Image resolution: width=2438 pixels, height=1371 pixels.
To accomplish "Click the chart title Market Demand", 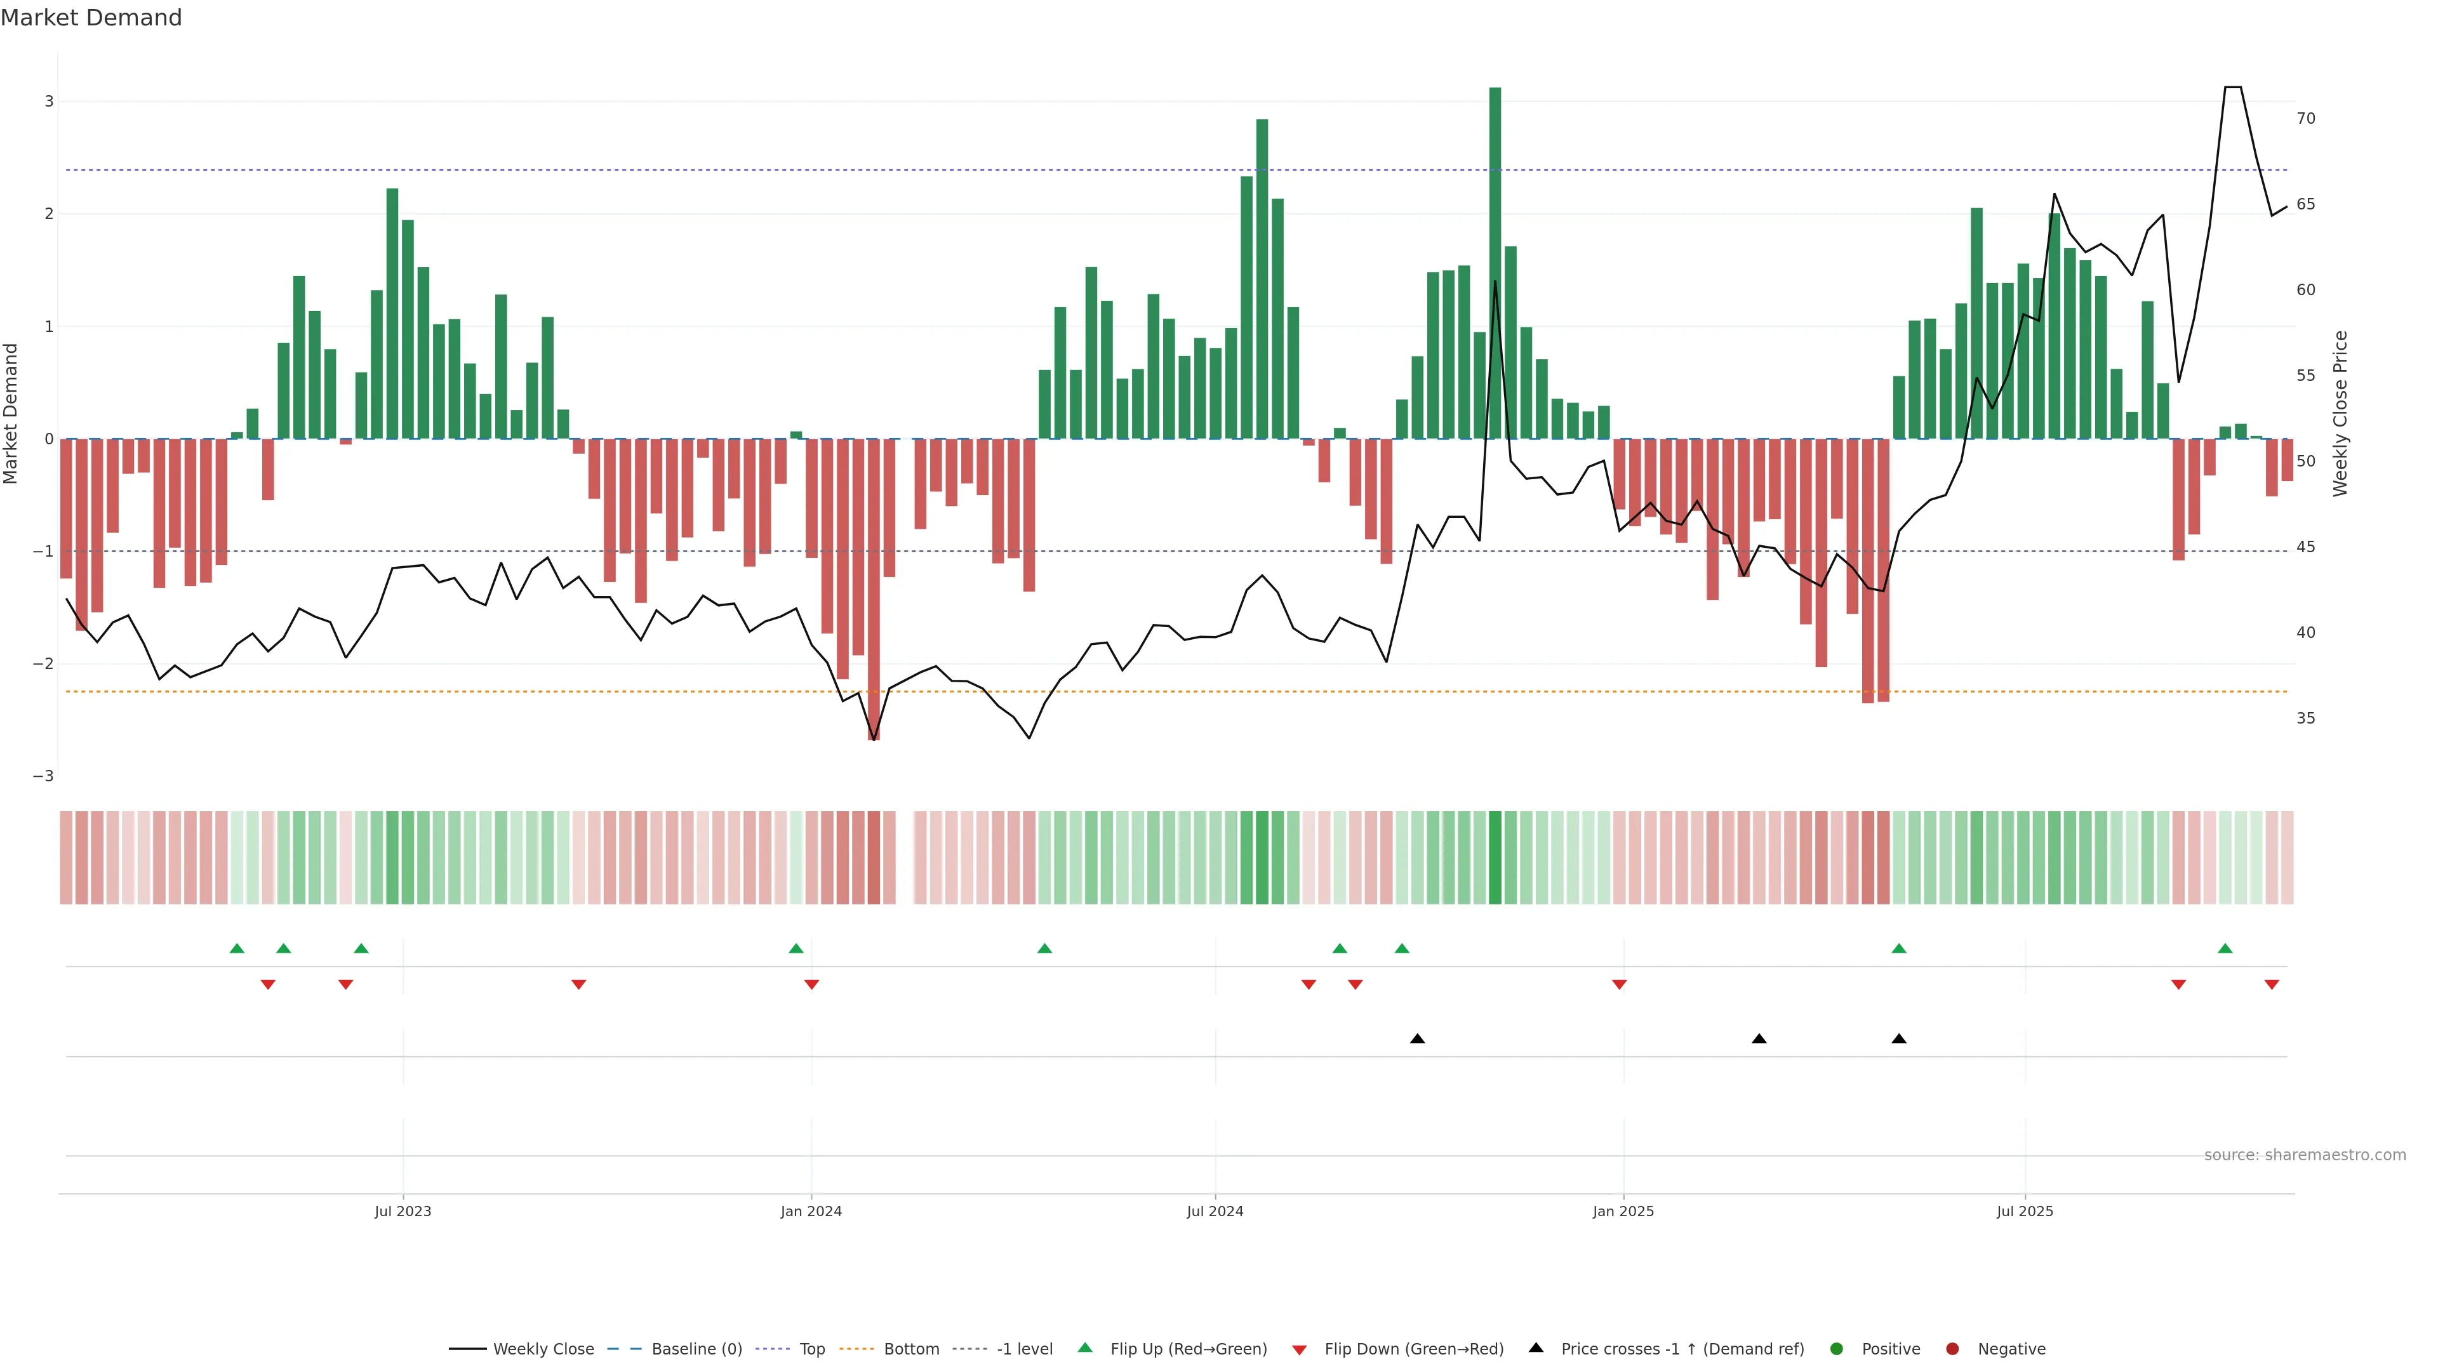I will pyautogui.click(x=91, y=18).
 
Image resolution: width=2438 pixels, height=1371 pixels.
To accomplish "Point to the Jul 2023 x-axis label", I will pyautogui.click(x=403, y=1211).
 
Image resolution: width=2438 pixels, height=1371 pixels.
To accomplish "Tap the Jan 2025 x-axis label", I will pyautogui.click(x=1623, y=1211).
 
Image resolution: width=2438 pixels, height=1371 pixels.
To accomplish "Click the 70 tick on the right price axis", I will pyautogui.click(x=2305, y=118).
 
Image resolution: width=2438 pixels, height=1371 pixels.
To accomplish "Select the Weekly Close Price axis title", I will pyautogui.click(x=2340, y=413).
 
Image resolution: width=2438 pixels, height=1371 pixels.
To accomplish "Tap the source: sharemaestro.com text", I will pyautogui.click(x=2305, y=1155).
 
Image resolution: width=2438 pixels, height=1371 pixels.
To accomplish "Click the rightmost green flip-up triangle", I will pyautogui.click(x=2225, y=948).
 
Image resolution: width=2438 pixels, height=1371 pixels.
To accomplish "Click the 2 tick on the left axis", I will pyautogui.click(x=48, y=214).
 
